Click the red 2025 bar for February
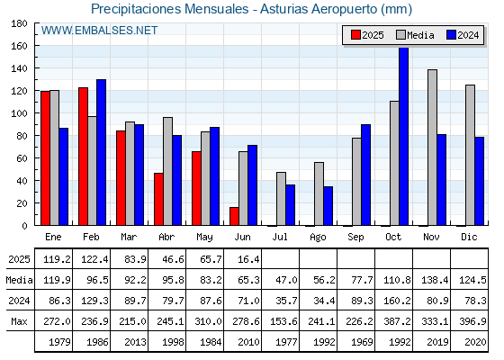[x=83, y=157]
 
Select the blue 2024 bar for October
[x=403, y=136]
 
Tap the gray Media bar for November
[x=432, y=148]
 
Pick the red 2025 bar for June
[x=234, y=216]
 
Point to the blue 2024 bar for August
[x=328, y=206]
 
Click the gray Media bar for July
[x=281, y=199]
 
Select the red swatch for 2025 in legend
[x=355, y=35]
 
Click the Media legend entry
[x=415, y=35]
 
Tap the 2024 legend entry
[x=463, y=35]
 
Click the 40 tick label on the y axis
[x=19, y=181]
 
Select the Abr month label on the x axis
[x=166, y=238]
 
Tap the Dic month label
[x=469, y=238]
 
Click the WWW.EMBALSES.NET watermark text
[x=99, y=31]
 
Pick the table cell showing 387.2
[x=397, y=321]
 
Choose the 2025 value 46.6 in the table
[x=173, y=259]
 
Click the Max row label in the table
[x=19, y=321]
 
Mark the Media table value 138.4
[x=435, y=280]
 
